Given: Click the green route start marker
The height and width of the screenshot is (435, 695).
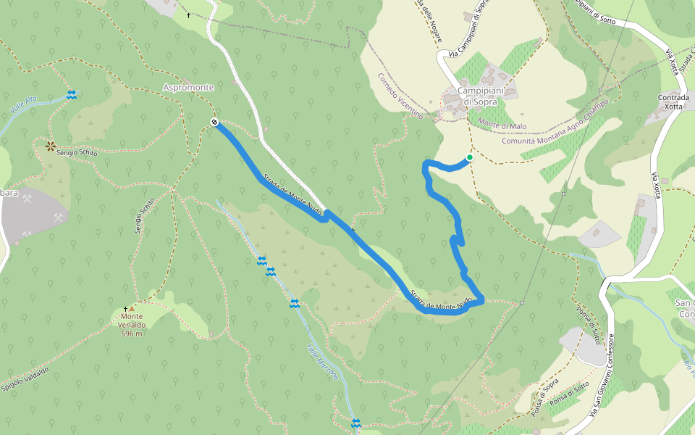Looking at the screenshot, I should (x=469, y=157).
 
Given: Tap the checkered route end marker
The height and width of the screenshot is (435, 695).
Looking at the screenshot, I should (x=214, y=122).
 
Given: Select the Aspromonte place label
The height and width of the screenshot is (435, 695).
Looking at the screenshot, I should (x=188, y=88).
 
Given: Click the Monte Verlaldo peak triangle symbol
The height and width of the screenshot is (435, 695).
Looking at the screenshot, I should (x=131, y=308).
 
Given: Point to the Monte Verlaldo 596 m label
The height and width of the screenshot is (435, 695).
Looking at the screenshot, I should (x=131, y=325).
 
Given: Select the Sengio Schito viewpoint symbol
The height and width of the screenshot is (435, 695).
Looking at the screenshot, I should (x=51, y=146).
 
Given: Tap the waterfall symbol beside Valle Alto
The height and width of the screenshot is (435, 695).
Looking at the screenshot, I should (x=72, y=95).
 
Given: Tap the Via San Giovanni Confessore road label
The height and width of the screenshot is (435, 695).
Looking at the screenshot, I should (x=602, y=376).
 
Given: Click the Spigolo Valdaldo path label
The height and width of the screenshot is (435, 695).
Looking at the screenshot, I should (x=25, y=380).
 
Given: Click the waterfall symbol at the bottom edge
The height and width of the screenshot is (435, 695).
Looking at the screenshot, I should (x=355, y=423).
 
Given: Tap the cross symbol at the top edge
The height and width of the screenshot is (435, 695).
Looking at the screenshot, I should (x=189, y=15).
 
